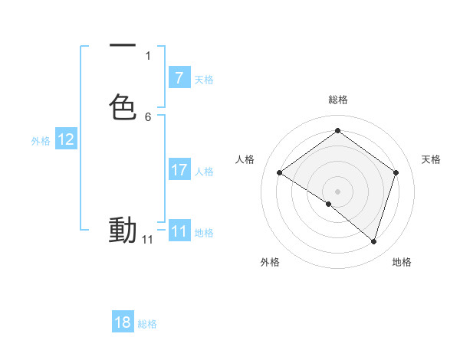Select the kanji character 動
point(123,230)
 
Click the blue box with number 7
point(179,77)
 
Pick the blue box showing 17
point(179,170)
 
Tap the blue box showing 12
point(66,139)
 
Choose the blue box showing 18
point(123,322)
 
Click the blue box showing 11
point(179,231)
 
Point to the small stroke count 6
point(148,117)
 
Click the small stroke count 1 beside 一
point(148,56)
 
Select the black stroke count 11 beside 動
point(148,240)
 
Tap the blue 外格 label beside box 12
point(41,141)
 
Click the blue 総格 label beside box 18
point(147,324)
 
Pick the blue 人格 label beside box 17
point(205,172)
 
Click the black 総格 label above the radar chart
point(337,100)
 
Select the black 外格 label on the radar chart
point(270,262)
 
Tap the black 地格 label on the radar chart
point(402,262)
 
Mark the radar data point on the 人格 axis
point(280,173)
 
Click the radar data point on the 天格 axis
point(396,173)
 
